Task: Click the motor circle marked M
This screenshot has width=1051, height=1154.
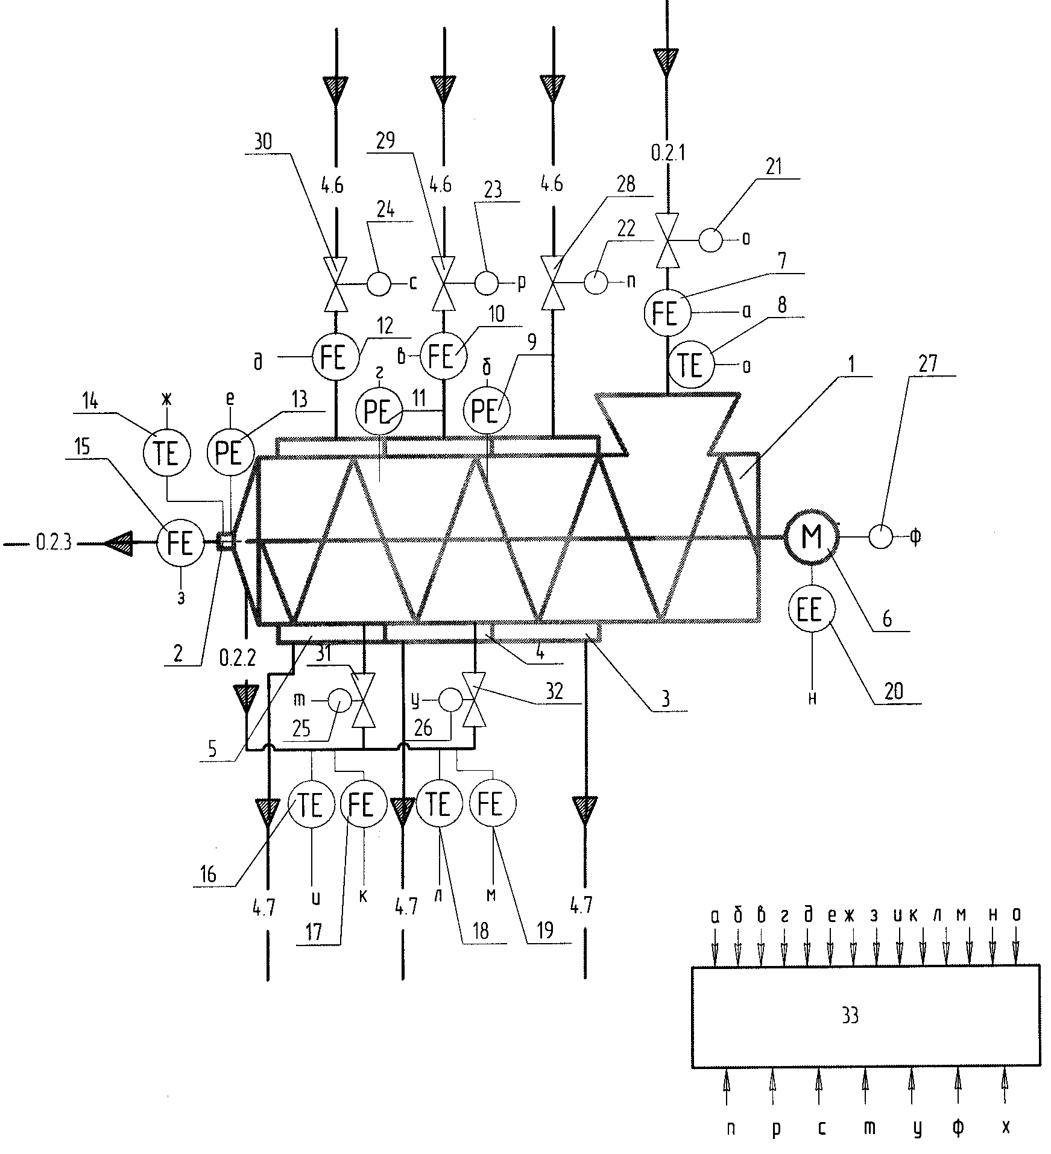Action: coord(812,538)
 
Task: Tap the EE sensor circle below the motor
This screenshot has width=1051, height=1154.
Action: coord(812,610)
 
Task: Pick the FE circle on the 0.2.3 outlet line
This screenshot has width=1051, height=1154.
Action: coord(180,543)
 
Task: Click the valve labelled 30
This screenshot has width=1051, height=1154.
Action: coord(336,284)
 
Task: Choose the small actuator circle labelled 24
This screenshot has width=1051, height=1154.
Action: coord(379,283)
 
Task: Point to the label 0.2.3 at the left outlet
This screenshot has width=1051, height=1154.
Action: coord(54,543)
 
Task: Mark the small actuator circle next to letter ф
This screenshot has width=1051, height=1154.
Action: coord(880,536)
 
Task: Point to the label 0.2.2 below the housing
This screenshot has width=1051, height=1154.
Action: coord(237,657)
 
